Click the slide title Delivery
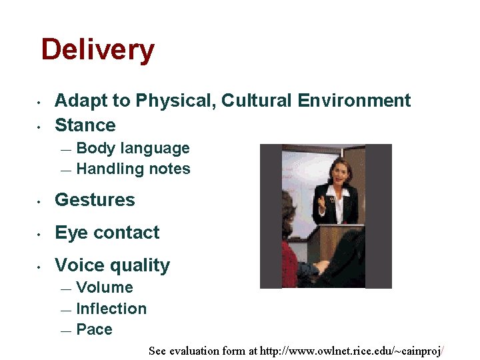(97, 50)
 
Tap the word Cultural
(257, 101)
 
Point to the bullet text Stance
(85, 125)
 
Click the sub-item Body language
(133, 149)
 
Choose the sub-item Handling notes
(133, 169)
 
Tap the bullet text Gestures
(95, 200)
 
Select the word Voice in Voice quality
(77, 265)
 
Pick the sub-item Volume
(105, 288)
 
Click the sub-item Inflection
(111, 309)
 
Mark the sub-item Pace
(94, 329)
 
